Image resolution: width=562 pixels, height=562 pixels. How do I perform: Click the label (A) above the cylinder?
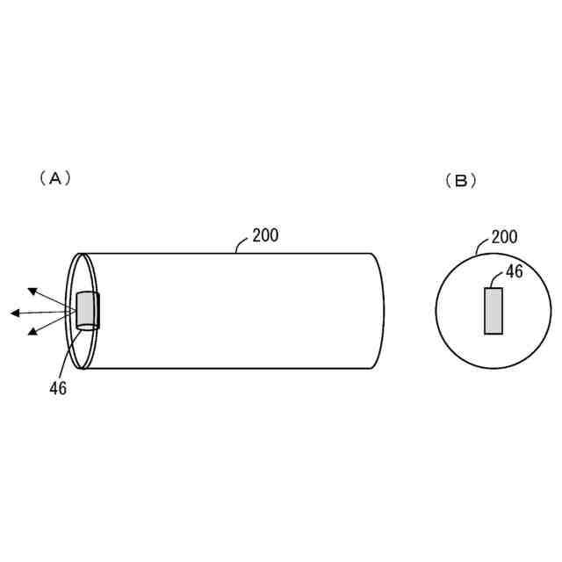coord(54,177)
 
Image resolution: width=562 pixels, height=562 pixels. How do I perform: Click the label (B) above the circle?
coord(461,181)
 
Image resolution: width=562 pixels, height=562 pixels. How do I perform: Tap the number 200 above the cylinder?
coord(265,235)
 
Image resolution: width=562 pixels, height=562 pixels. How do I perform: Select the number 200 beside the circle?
coord(504,237)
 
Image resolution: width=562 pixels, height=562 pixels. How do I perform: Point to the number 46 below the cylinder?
coord(58,388)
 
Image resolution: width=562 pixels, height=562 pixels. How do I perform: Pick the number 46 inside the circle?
coord(514,272)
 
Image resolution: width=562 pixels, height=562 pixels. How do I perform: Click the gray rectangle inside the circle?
coord(494,311)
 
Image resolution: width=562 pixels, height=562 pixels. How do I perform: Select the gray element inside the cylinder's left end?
coord(87,309)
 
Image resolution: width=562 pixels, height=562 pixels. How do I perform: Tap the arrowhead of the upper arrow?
coord(32,290)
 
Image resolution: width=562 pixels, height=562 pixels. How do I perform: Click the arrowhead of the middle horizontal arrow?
coord(15,313)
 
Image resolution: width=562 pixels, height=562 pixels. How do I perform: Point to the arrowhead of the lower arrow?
coord(32,332)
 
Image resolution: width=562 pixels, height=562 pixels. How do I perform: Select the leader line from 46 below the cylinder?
coord(67,356)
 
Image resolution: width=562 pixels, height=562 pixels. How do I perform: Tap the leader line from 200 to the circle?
coord(481,247)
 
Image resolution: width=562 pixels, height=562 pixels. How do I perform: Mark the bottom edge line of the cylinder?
coord(228,368)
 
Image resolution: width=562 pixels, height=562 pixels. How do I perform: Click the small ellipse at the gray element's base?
coord(88,328)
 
